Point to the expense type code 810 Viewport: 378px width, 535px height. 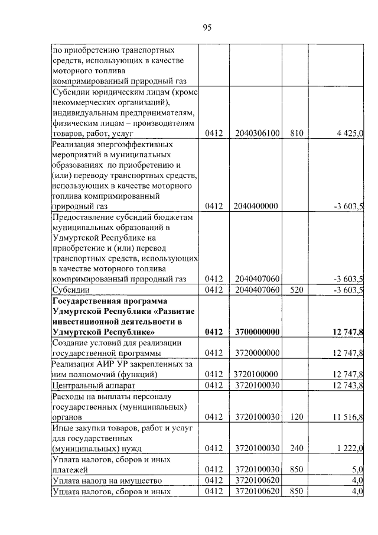[296, 134]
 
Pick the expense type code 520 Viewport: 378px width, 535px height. [296, 290]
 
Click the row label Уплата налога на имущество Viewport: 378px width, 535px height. [107, 481]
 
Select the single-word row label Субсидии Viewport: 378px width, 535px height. [71, 290]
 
